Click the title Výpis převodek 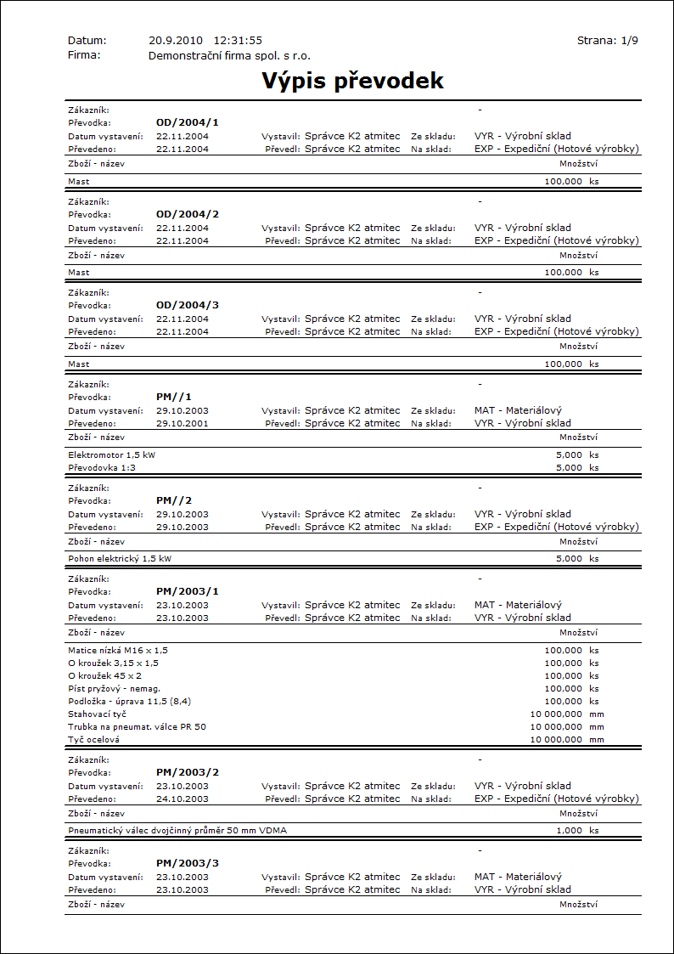coord(352,81)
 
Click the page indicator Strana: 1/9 coord(607,41)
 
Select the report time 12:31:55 coord(238,41)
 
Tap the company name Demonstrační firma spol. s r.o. coord(229,55)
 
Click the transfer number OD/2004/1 coord(188,122)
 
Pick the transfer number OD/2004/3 coord(188,305)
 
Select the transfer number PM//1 coord(175,397)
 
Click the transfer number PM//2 coord(175,500)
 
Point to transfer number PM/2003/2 coord(188,772)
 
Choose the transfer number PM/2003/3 coord(188,863)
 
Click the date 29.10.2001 coord(183,423)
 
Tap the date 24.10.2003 coord(183,799)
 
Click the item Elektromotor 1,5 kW coord(111,454)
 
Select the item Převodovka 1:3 coord(101,467)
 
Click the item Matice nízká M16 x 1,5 coord(118,650)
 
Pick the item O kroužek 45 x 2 coord(104,675)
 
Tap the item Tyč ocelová coord(93,739)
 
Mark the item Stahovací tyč coord(97,714)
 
